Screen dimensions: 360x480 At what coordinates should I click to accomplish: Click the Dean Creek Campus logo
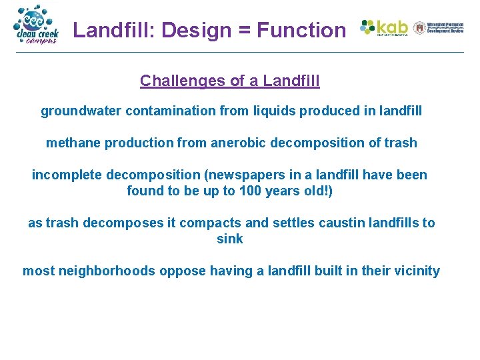point(37,25)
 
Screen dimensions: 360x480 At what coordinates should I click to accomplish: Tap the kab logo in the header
point(384,28)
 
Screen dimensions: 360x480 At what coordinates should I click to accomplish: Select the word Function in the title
point(301,30)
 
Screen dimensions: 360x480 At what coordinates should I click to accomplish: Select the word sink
point(230,239)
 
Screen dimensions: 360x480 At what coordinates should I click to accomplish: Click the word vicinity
point(416,271)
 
